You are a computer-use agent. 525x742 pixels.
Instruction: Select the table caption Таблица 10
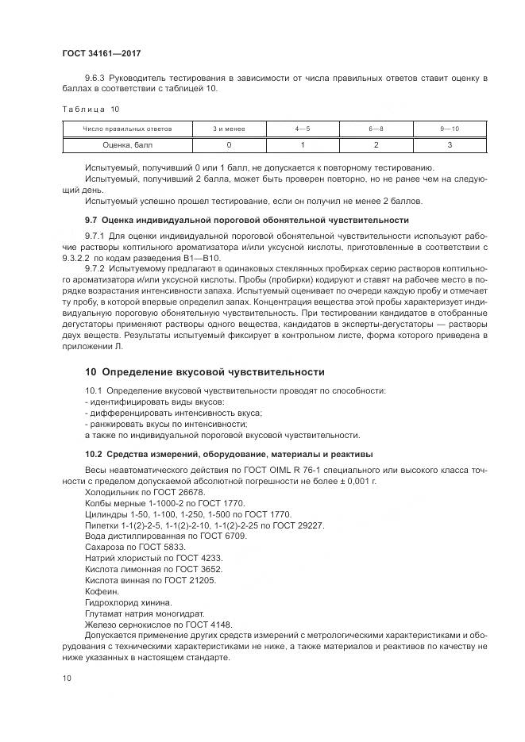[x=91, y=109]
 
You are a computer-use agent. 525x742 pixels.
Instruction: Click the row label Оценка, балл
[x=127, y=145]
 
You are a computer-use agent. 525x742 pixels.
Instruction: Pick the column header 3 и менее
[x=229, y=129]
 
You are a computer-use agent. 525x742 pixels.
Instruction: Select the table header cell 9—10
[x=449, y=129]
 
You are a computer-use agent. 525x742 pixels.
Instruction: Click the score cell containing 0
[x=229, y=145]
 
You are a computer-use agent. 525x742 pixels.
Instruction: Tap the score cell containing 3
[x=449, y=145]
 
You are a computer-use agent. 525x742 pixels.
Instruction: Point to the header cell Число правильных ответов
[x=127, y=129]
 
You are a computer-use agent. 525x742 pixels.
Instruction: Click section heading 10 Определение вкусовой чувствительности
[x=205, y=371]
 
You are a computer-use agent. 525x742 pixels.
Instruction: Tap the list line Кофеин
[x=100, y=591]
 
